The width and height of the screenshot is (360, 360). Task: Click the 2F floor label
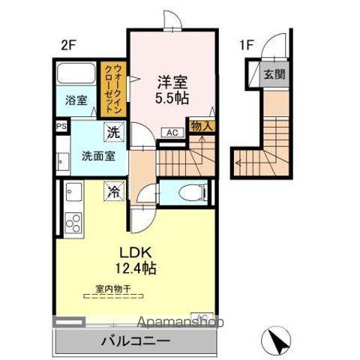[68, 44]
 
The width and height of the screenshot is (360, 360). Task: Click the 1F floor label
[246, 44]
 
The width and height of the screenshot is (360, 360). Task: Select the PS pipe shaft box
[61, 127]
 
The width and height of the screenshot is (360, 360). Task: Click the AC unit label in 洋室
[172, 133]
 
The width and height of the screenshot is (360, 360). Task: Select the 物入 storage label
[201, 127]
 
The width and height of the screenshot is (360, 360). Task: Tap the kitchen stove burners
[74, 223]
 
